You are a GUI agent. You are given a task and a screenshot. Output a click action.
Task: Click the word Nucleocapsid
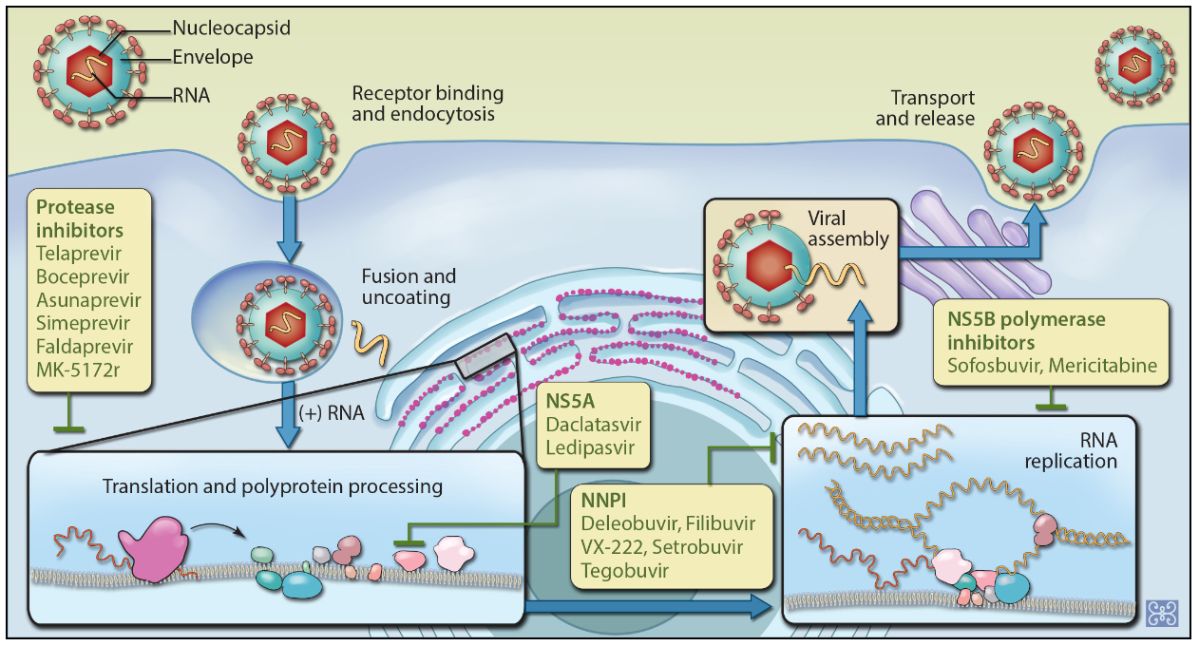(x=232, y=28)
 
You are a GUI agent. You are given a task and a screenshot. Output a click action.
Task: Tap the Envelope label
(x=213, y=58)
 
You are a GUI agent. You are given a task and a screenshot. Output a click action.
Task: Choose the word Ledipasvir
(x=588, y=447)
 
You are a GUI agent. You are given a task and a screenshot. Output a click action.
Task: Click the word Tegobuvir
(x=619, y=571)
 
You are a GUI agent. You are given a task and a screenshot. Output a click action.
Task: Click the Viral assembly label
(x=851, y=228)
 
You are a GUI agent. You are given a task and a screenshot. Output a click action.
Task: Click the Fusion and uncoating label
(x=409, y=286)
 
